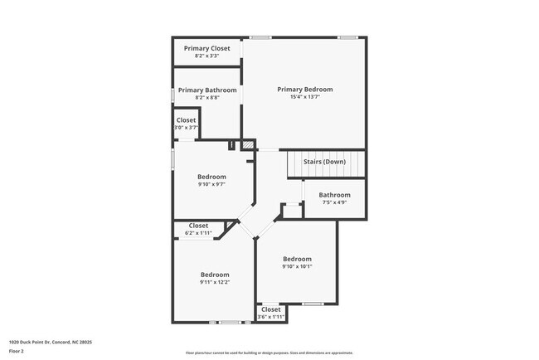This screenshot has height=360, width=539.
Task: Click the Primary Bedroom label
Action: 304,90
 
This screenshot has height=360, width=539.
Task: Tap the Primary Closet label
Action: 206,49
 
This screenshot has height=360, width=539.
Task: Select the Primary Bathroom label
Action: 207,90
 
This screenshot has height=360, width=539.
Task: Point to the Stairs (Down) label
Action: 324,162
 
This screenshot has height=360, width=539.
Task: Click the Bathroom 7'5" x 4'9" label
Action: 334,195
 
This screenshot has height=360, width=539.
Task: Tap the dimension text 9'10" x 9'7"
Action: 211,184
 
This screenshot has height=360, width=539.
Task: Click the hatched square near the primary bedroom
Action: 247,145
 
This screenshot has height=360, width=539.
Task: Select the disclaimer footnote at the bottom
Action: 269,353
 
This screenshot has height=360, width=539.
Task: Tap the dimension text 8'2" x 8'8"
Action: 207,98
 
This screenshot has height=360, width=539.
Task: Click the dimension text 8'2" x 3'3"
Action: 206,56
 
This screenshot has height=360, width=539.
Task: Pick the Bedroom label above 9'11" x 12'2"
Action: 215,275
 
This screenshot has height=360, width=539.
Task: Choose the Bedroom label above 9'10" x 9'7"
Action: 211,177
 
